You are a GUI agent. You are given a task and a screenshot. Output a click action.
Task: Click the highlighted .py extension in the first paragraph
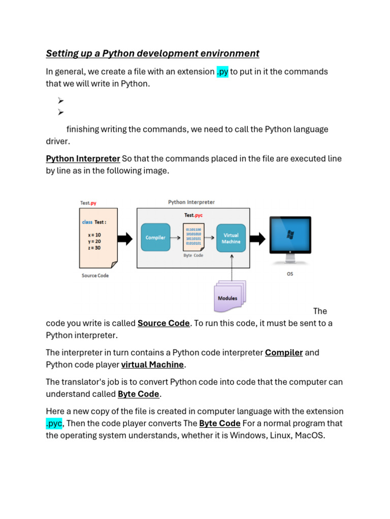pos(222,71)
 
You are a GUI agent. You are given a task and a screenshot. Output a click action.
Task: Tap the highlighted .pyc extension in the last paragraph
pos(54,423)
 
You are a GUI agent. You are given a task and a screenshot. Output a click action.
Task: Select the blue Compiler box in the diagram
pos(155,237)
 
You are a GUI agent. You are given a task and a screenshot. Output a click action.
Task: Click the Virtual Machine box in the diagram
pos(231,238)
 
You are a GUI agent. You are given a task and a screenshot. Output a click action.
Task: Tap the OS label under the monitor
pos(290,274)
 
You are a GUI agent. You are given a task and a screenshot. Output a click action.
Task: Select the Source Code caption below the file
pos(95,276)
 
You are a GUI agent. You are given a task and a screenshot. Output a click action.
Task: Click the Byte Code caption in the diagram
pos(193,255)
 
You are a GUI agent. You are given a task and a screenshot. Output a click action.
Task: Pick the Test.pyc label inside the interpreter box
pos(193,215)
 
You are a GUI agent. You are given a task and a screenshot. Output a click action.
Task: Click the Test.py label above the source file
pos(88,203)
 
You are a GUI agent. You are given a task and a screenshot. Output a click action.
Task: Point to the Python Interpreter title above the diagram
pos(191,202)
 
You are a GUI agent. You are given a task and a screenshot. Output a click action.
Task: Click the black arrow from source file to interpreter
pos(125,238)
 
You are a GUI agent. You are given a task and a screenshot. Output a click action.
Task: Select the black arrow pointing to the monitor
pos(258,238)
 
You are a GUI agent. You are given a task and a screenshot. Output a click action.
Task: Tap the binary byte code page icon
pos(193,237)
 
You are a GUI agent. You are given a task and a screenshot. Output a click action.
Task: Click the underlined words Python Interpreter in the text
pos(83,159)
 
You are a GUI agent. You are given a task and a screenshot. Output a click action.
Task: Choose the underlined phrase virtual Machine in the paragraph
pos(152,364)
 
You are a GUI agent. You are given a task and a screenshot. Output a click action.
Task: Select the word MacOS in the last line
pos(307,435)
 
